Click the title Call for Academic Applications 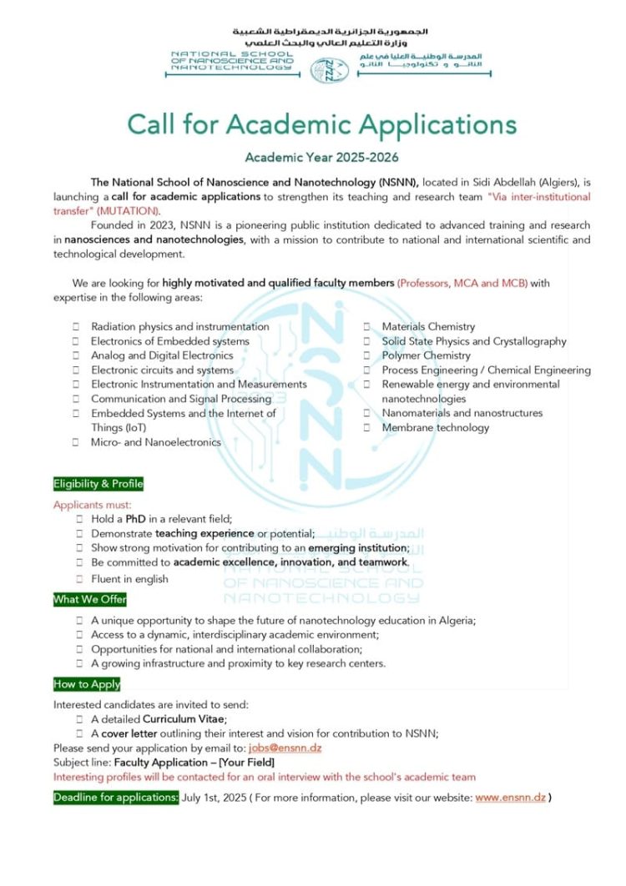[x=321, y=124]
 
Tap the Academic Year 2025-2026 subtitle [x=321, y=158]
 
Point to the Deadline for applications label [x=116, y=798]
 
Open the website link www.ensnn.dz [x=511, y=798]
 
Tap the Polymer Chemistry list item [x=427, y=355]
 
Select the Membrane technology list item [x=436, y=427]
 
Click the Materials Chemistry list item [x=428, y=326]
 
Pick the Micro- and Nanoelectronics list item [x=156, y=442]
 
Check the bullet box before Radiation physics [x=77, y=327]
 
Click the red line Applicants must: [x=93, y=505]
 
